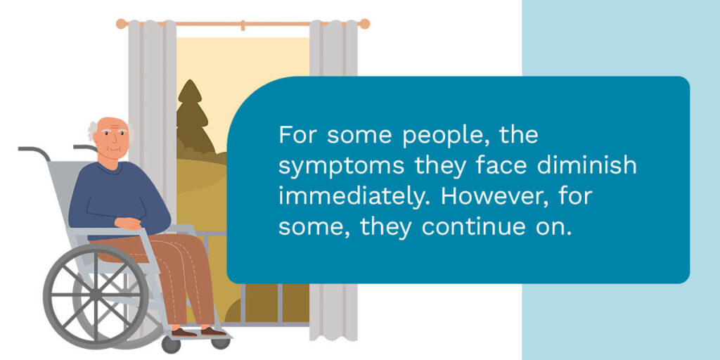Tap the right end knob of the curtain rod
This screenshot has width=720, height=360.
(364, 23)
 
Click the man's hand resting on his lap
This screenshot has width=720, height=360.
(127, 224)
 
